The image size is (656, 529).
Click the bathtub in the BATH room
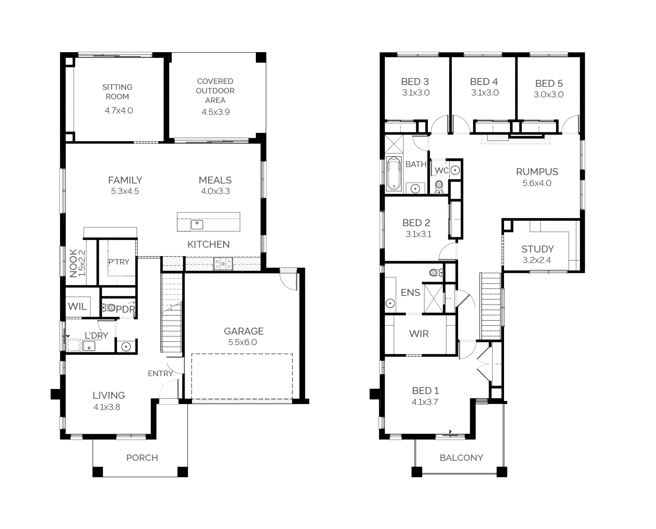click(393, 173)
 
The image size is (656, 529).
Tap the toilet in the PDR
click(108, 308)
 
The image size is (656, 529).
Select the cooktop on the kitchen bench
click(223, 263)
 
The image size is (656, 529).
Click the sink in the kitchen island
click(197, 224)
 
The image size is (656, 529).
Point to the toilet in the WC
click(439, 186)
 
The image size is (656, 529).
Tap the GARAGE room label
click(243, 331)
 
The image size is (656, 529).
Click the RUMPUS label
click(537, 172)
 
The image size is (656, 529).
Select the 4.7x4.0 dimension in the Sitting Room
click(119, 111)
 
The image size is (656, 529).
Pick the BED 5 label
click(549, 84)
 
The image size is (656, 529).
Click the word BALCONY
click(461, 457)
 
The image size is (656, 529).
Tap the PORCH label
click(142, 457)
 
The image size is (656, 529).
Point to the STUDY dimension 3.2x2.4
click(537, 260)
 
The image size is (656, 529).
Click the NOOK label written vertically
click(73, 263)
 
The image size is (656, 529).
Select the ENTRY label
click(160, 373)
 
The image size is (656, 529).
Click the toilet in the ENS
click(436, 272)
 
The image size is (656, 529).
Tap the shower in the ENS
click(433, 298)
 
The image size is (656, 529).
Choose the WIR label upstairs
click(419, 333)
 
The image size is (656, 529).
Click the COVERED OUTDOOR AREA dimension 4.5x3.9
click(216, 112)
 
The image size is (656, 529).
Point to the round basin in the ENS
click(390, 303)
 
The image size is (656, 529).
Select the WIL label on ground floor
click(77, 306)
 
